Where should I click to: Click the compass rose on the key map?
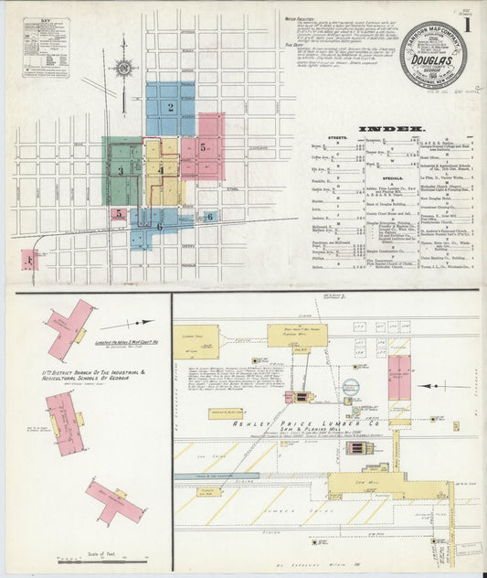tap(122, 66)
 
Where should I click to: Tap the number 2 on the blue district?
tap(170, 107)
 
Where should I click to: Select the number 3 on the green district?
tap(121, 170)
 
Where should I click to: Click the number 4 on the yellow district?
tap(161, 169)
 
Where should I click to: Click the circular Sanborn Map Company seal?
tap(431, 54)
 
